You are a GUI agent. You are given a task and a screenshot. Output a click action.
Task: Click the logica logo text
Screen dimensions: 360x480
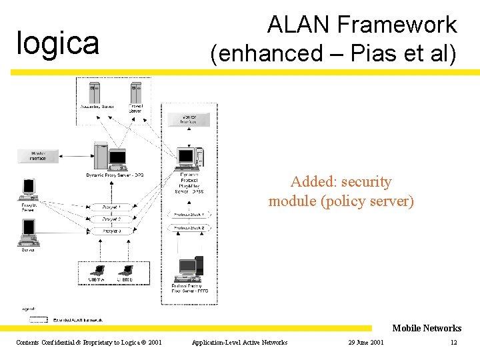(57, 43)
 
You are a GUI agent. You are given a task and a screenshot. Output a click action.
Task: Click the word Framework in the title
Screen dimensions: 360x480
(397, 25)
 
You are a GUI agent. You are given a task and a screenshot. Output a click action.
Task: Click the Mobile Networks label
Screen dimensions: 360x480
(427, 328)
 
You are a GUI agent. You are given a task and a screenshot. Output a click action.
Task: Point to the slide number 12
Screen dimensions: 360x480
(453, 343)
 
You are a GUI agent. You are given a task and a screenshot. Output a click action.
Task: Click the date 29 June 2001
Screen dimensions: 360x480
(366, 343)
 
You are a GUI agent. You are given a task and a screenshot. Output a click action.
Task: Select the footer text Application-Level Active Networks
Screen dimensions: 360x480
(239, 343)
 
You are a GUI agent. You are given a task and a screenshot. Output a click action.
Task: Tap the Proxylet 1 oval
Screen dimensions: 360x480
(111, 207)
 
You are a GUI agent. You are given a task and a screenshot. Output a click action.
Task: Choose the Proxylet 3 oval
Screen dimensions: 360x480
(111, 231)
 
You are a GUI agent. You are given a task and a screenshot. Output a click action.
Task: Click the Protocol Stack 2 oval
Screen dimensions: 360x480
(189, 228)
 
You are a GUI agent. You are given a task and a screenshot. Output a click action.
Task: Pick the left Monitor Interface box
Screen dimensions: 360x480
(38, 156)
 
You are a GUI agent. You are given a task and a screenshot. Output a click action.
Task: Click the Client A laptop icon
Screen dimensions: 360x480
(97, 271)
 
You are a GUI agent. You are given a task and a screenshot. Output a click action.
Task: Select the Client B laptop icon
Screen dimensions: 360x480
(125, 271)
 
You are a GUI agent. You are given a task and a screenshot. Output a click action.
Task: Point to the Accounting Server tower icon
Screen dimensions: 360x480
(93, 91)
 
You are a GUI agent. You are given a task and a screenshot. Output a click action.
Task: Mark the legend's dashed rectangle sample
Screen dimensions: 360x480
(39, 320)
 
